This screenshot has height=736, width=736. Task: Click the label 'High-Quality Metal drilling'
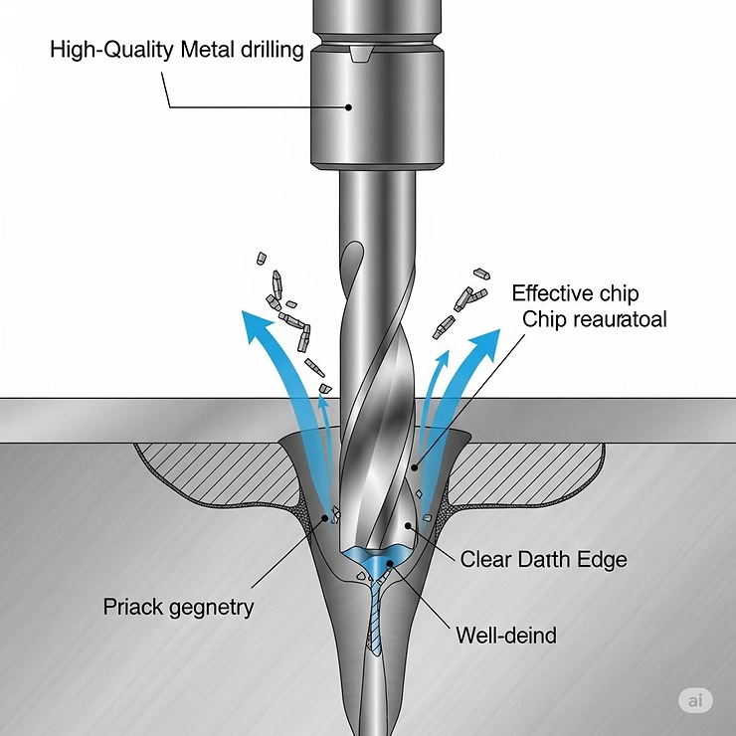[176, 49]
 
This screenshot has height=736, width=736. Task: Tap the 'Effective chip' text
[575, 293]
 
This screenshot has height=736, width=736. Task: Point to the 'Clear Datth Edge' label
[543, 559]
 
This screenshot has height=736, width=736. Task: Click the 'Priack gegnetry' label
[179, 606]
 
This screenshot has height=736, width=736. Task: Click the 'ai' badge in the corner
[694, 700]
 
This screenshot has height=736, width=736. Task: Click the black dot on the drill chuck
[347, 106]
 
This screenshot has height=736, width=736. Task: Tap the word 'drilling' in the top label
[268, 49]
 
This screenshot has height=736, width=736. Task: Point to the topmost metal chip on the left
[262, 258]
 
